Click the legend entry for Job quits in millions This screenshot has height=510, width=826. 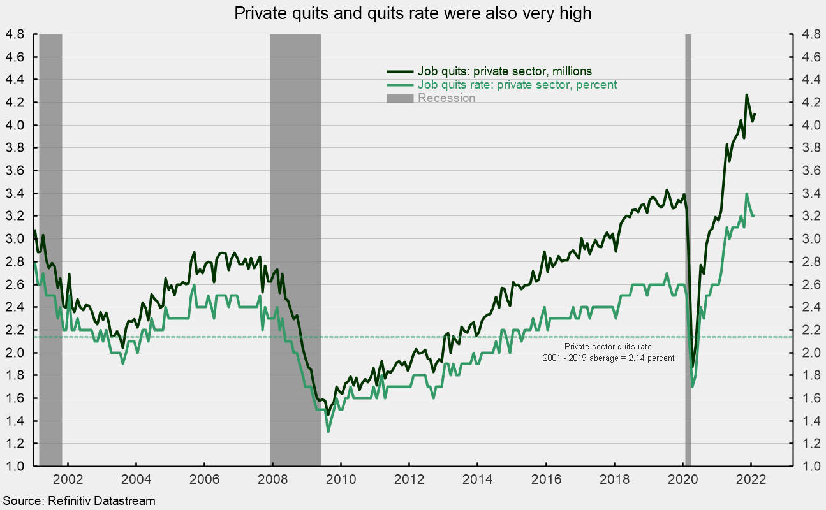(505, 71)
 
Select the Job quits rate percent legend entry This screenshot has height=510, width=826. (517, 85)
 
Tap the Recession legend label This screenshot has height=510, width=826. (446, 98)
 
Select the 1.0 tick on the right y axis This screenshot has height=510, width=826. (809, 466)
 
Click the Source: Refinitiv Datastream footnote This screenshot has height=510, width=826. (78, 501)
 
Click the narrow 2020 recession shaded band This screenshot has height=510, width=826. (688, 255)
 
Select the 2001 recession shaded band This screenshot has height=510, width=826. (50, 255)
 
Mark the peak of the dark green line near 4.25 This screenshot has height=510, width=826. (747, 95)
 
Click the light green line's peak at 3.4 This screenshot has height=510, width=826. (747, 194)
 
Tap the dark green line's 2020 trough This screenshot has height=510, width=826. (693, 367)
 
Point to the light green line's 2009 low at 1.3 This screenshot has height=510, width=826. (328, 432)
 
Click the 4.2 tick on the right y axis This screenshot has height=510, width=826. (809, 103)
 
